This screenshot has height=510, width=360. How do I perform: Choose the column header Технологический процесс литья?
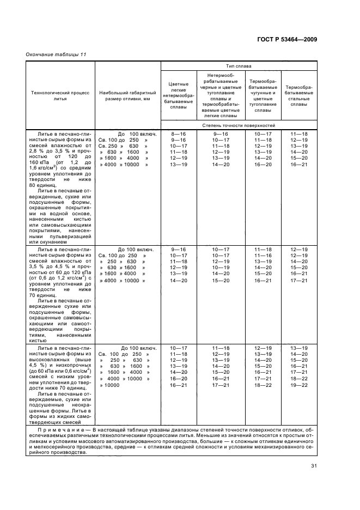coord(60,96)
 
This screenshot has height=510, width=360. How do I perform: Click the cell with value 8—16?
coord(179,134)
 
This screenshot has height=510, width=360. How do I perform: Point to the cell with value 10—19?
coord(221,268)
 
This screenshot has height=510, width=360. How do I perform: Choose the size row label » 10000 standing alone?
coord(108,385)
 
